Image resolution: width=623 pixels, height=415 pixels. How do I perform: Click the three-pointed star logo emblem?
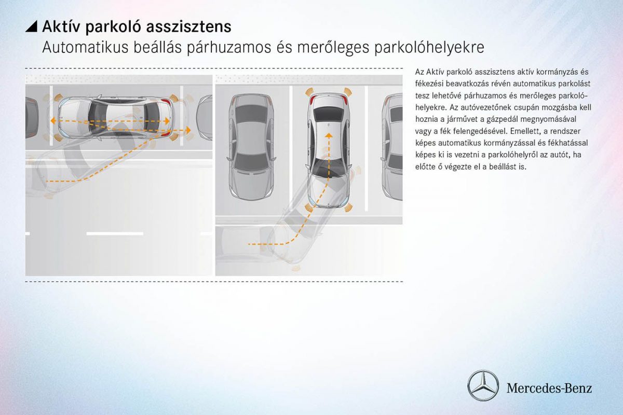(483, 386)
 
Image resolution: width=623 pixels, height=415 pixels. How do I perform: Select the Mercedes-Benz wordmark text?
(549, 388)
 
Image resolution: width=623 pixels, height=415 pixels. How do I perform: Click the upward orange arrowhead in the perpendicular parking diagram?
(328, 134)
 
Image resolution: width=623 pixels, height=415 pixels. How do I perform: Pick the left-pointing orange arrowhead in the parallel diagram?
(53, 120)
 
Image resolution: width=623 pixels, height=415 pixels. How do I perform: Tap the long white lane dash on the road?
(114, 233)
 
